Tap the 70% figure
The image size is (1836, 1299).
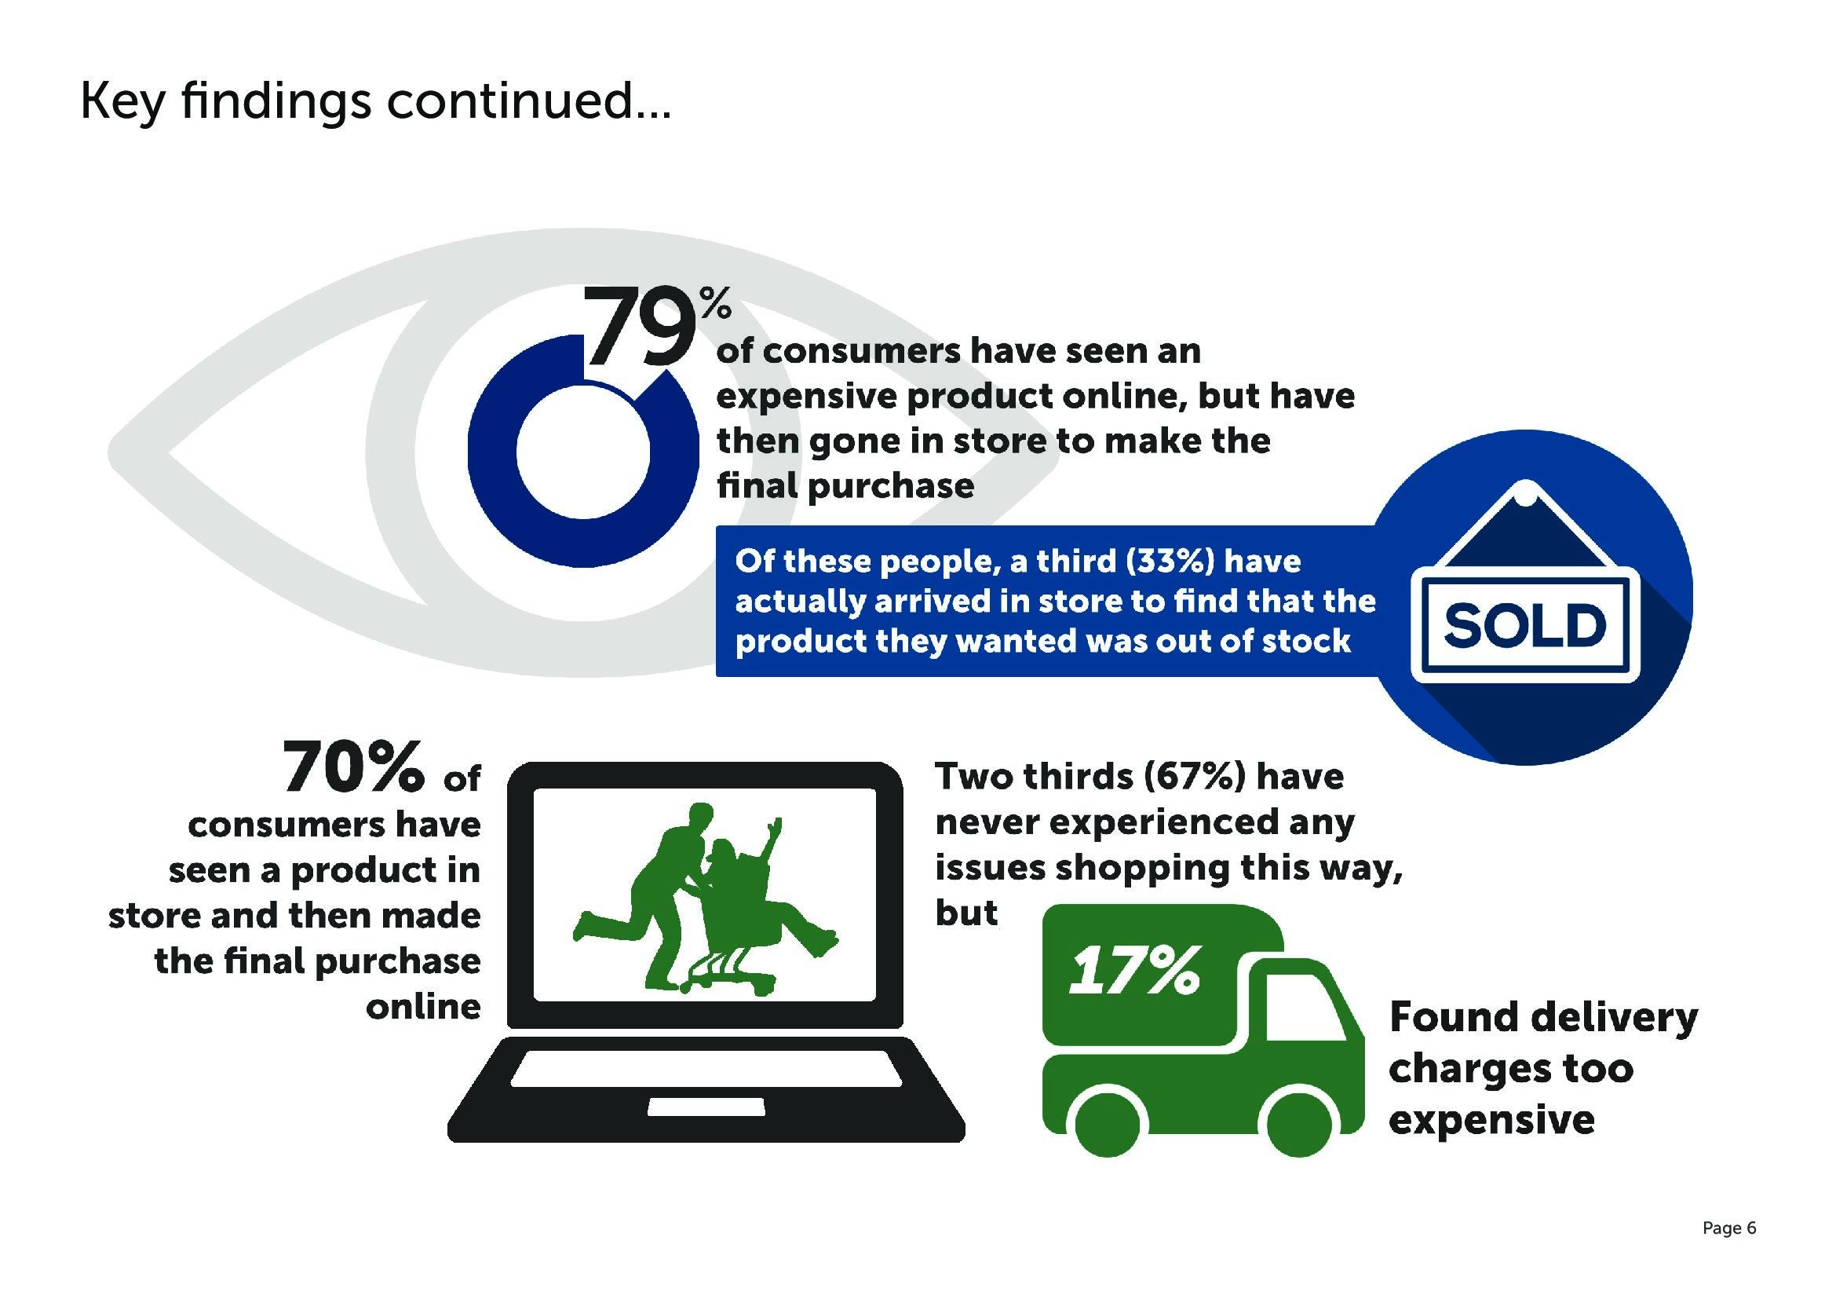[x=352, y=767]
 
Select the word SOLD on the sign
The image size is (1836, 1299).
[x=1524, y=625]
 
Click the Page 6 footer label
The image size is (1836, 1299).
[x=1728, y=1228]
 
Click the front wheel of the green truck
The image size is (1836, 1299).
[x=1299, y=1123]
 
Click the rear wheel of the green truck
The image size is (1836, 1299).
[x=1108, y=1123]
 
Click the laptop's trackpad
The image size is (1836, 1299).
[x=706, y=1107]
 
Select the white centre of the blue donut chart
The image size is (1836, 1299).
[x=583, y=452]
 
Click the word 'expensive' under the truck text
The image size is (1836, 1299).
[x=1491, y=1121]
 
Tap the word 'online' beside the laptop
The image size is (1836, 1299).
[x=423, y=1007]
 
